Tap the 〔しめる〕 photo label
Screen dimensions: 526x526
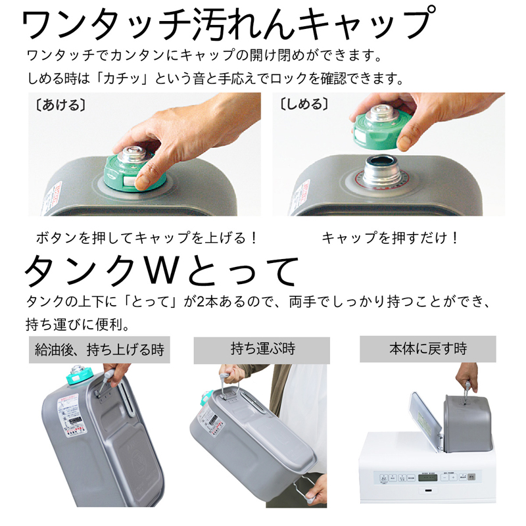pos(303,105)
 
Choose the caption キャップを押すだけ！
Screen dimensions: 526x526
pos(391,238)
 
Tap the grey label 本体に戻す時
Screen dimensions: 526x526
pos(427,349)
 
